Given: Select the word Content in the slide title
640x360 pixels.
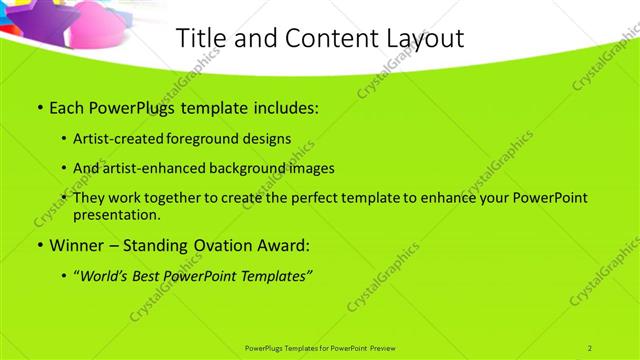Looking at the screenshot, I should click(x=315, y=39).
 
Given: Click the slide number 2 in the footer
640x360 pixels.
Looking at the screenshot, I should click(x=590, y=347).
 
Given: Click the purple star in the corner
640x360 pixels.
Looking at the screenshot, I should click(x=25, y=12).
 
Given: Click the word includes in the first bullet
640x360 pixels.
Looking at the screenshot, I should click(x=282, y=107).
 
